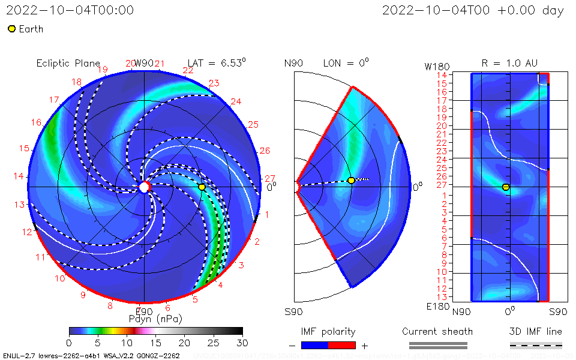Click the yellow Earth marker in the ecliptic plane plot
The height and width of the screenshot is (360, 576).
click(x=202, y=187)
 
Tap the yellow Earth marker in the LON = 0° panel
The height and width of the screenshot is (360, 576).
click(x=351, y=181)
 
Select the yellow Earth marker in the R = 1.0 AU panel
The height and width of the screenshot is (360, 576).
click(x=506, y=187)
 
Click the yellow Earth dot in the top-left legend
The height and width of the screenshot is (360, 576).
click(x=11, y=29)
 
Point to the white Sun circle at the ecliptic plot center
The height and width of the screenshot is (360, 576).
click(x=144, y=187)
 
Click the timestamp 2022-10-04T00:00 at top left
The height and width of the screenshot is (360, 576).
click(x=70, y=11)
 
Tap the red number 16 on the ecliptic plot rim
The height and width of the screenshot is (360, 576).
click(x=37, y=122)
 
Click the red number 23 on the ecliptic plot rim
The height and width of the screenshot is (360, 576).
click(x=213, y=83)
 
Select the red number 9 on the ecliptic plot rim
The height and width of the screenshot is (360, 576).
click(x=83, y=295)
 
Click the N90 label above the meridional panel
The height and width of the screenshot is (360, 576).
click(x=294, y=63)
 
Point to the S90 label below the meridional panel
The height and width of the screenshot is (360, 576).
click(x=294, y=312)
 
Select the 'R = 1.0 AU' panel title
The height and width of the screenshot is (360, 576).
click(x=509, y=63)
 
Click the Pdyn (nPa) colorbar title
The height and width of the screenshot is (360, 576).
click(x=155, y=319)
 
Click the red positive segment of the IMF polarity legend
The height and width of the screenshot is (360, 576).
click(x=342, y=345)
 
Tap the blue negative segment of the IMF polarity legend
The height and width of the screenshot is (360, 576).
click(x=314, y=345)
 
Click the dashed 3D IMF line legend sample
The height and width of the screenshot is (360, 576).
click(x=536, y=345)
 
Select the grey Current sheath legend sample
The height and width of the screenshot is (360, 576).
click(x=438, y=345)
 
